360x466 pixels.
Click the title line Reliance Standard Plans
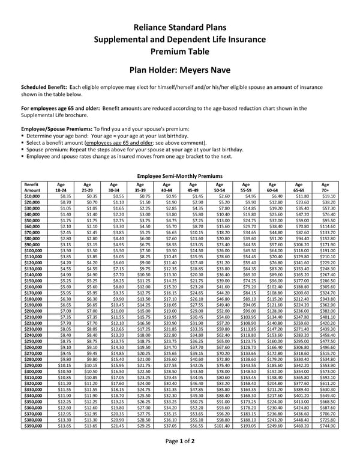(180, 28)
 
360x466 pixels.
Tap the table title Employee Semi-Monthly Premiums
(180, 175)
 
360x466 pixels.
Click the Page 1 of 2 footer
(179, 457)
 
